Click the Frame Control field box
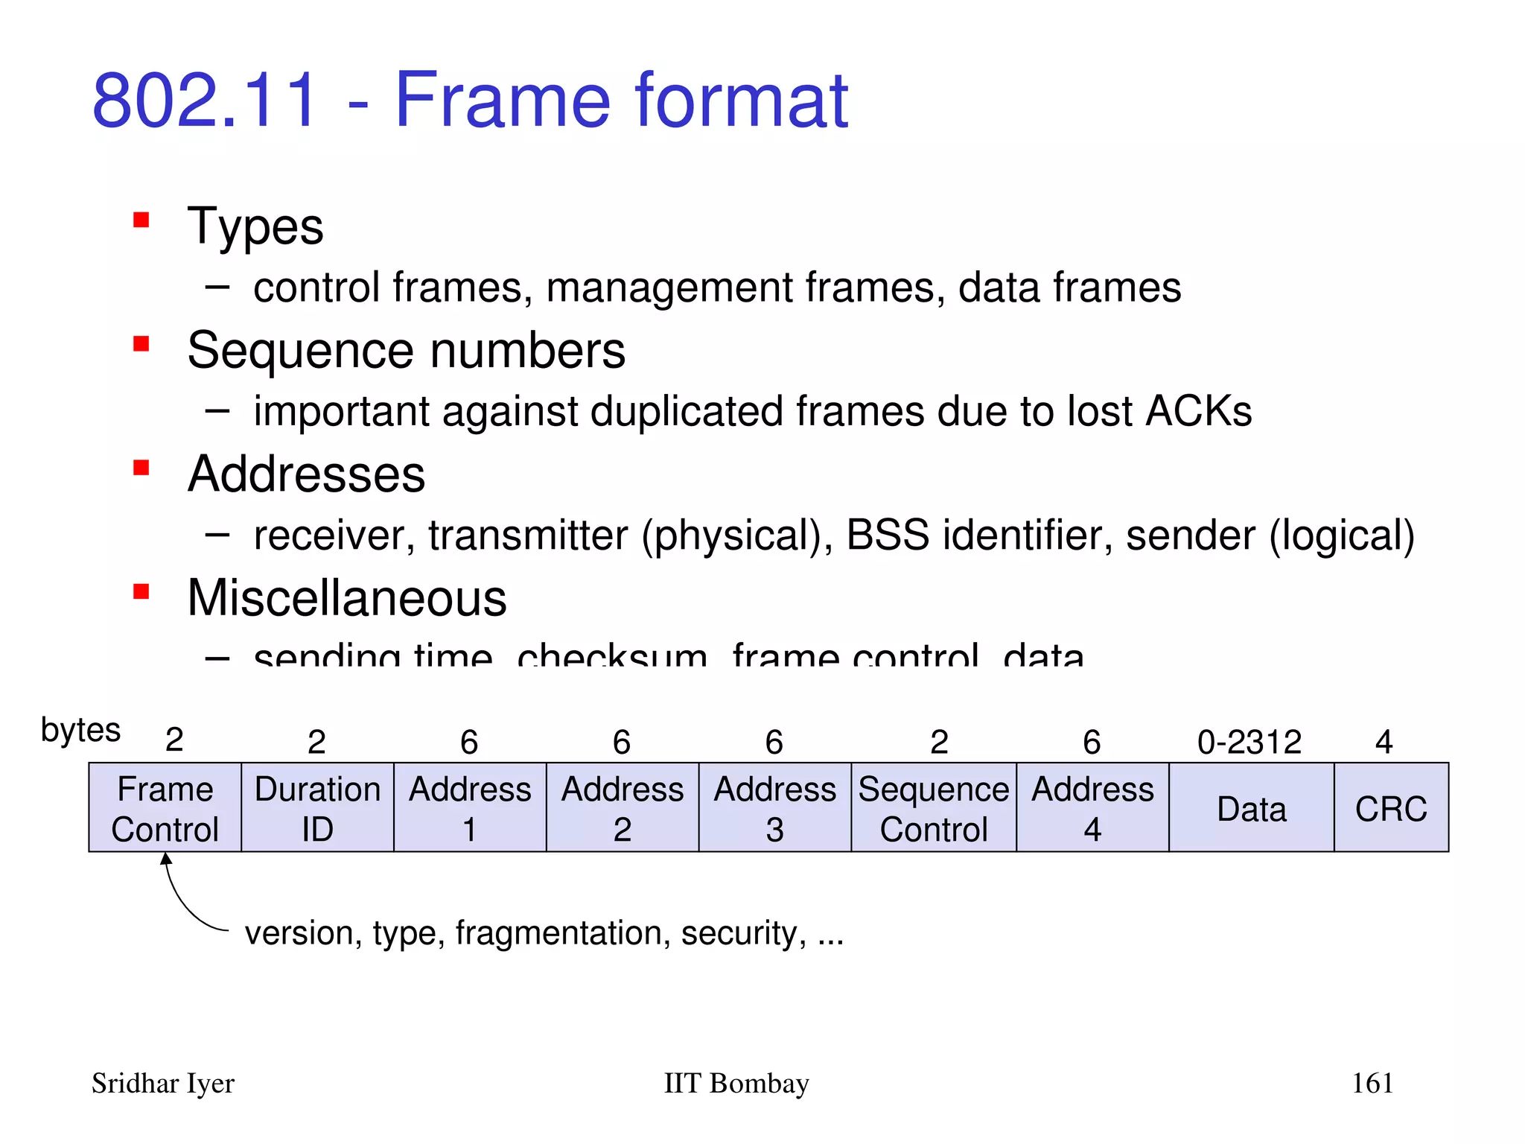point(165,807)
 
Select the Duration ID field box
point(317,807)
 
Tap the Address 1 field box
point(470,807)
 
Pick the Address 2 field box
point(623,807)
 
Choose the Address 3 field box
point(774,807)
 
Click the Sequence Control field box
point(934,807)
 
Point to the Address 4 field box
point(1092,807)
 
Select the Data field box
point(1251,807)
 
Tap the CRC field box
point(1391,807)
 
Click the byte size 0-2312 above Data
point(1249,742)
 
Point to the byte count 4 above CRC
point(1384,742)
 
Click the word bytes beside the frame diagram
point(80,730)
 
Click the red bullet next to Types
point(141,220)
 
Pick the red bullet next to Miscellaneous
point(141,592)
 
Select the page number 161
point(1372,1083)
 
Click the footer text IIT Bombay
point(736,1083)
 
